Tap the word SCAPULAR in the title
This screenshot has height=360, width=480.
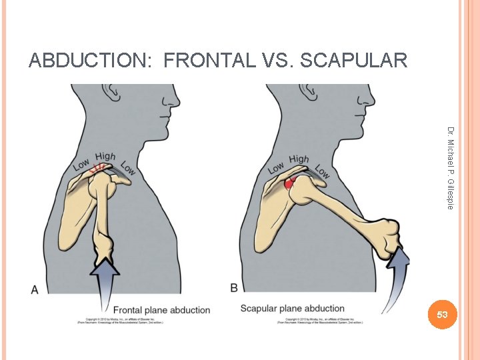(354, 61)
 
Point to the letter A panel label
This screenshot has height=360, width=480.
(35, 289)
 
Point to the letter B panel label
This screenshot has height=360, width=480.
(234, 287)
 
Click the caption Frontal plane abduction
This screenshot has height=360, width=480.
(161, 310)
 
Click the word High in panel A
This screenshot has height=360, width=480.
(105, 157)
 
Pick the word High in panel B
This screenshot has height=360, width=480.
(299, 159)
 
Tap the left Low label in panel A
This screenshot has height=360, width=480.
(81, 164)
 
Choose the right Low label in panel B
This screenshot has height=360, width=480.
(322, 171)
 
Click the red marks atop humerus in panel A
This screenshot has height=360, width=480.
(101, 167)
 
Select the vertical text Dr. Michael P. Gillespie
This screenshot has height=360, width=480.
(451, 167)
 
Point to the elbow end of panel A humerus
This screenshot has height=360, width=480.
(105, 250)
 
